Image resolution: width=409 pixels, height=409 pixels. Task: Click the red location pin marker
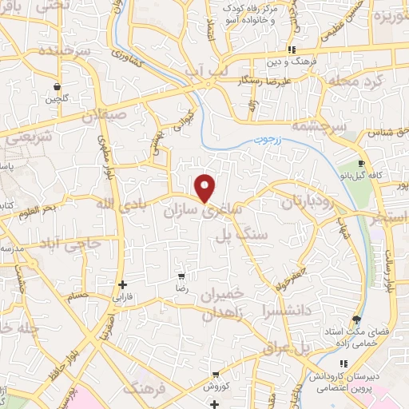[x=206, y=187]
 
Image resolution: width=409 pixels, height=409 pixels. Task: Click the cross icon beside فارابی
[x=122, y=284]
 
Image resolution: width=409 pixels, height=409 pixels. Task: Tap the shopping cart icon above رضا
[x=183, y=276]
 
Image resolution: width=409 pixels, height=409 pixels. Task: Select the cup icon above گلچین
[x=57, y=86]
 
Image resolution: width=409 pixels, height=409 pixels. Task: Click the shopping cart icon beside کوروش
[x=216, y=374]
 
